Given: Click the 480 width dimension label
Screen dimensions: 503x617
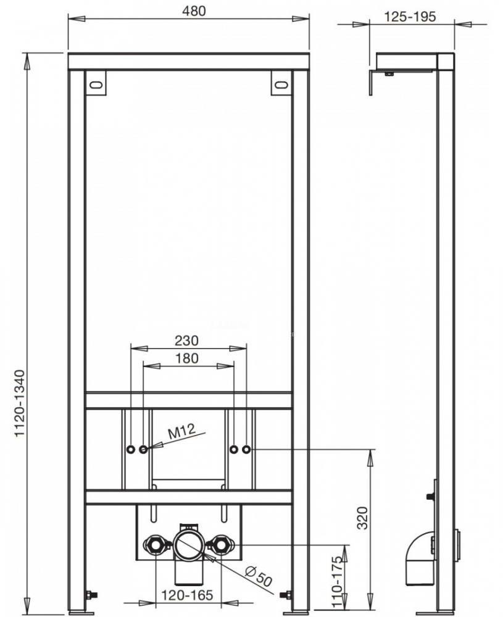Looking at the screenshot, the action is (194, 11).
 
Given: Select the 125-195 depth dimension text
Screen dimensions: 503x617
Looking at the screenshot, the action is (410, 17).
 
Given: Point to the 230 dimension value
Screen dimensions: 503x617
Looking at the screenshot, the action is (186, 341).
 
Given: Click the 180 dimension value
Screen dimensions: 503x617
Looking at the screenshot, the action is (186, 358).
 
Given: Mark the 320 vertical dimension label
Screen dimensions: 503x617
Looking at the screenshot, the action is (363, 518).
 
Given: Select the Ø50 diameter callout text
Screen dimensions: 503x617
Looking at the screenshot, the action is (259, 576).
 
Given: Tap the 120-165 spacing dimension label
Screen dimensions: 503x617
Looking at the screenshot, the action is (187, 595).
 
